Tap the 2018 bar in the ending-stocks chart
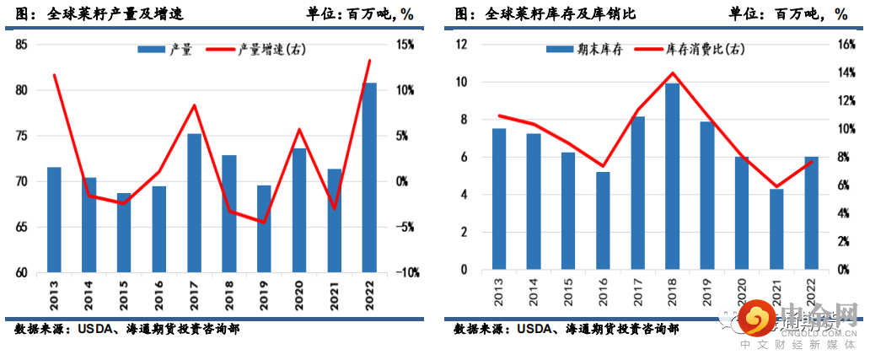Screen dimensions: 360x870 tap(672, 176)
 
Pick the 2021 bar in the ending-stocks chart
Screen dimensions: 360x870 tap(776, 229)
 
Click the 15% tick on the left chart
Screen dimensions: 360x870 tap(403, 45)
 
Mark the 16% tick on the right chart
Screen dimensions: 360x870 tap(845, 45)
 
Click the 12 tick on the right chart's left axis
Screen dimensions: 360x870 tap(461, 45)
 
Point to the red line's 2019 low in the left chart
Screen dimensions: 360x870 tap(264, 223)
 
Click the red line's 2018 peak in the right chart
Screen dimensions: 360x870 tap(672, 73)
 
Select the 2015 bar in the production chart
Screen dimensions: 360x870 tap(124, 233)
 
